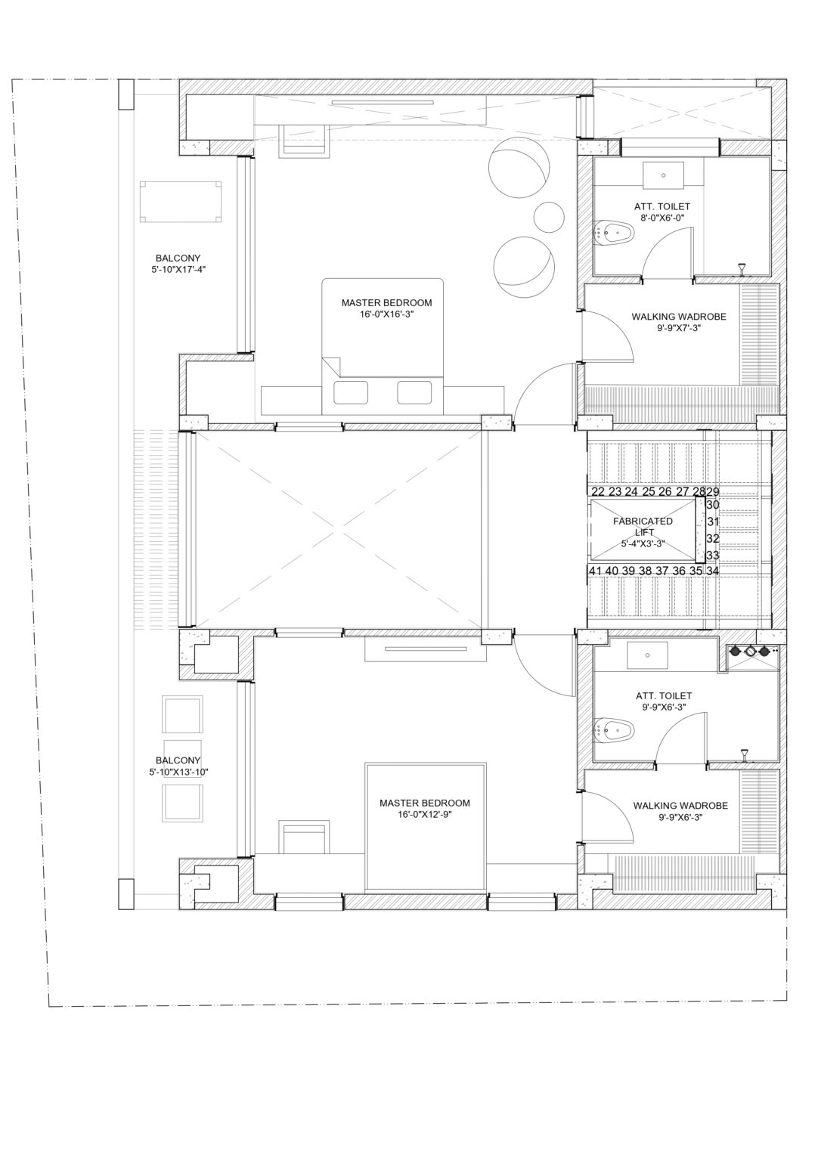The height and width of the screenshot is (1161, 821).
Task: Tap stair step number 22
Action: [597, 491]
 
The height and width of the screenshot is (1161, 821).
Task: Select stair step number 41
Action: [596, 571]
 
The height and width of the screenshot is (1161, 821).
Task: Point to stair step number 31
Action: [712, 522]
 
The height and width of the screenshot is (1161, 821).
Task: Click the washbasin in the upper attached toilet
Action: [663, 175]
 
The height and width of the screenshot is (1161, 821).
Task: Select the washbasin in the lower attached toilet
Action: [647, 655]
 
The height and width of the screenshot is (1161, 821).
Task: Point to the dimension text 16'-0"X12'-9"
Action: [424, 815]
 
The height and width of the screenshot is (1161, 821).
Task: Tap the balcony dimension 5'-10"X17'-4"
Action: [178, 268]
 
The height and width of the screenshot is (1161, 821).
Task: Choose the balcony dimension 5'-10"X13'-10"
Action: [178, 772]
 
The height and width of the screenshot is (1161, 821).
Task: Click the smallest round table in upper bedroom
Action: [548, 216]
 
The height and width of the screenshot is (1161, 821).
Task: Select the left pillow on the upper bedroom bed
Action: [351, 393]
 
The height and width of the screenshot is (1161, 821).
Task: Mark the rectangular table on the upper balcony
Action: [181, 200]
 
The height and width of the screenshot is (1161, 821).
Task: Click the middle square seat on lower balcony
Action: [183, 756]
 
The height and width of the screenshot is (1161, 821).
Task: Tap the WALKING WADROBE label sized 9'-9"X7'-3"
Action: [679, 317]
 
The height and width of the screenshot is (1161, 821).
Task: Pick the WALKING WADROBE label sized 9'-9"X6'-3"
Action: [680, 806]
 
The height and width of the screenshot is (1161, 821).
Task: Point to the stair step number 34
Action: [712, 571]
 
